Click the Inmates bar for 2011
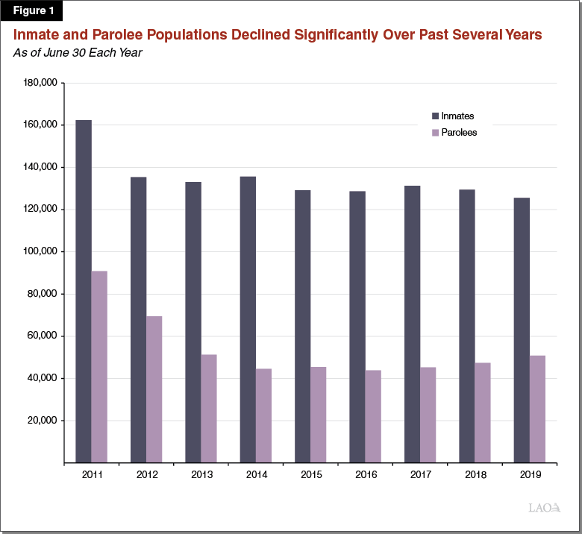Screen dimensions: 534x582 point(84,291)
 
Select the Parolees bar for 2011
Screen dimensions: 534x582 point(99,366)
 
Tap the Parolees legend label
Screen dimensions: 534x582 point(459,132)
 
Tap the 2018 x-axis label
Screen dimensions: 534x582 point(475,474)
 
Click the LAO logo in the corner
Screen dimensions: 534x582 point(544,508)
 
